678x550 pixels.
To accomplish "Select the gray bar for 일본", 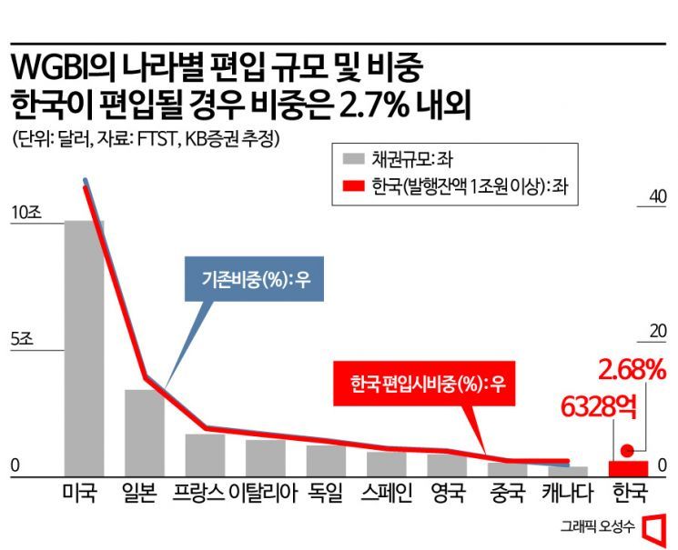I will tap(144, 433).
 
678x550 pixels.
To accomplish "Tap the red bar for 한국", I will tap(629, 468).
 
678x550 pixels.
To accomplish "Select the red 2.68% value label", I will tap(630, 370).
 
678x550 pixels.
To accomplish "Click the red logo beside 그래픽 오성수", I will tap(653, 528).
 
